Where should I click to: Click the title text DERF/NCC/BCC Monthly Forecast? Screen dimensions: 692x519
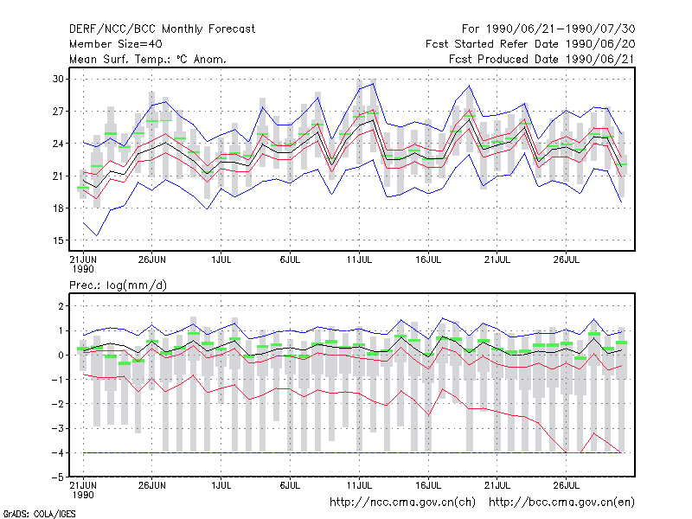162,29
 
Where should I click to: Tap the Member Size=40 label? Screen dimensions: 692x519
116,44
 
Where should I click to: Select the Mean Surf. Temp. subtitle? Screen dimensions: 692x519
148,59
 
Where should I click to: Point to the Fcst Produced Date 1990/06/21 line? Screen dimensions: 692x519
542,59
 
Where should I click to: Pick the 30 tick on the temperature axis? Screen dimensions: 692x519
58,79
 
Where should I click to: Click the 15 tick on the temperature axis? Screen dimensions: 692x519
58,240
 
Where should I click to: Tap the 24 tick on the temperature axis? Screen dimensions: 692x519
58,144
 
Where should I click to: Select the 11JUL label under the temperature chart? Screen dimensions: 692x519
359,259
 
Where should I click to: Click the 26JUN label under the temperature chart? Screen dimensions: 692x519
152,259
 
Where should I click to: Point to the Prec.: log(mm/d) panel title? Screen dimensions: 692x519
118,285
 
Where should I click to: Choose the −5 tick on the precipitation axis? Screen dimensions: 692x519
58,477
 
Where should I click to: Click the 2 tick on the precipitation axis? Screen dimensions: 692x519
61,306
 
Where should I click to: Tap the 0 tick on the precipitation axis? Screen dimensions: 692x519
61,356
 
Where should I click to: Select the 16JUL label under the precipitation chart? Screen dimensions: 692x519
428,485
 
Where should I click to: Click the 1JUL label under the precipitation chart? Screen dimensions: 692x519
221,485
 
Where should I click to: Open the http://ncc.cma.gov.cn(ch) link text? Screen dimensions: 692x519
402,503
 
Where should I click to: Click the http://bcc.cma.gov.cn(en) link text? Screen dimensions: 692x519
561,503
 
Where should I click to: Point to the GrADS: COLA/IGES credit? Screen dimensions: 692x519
40,514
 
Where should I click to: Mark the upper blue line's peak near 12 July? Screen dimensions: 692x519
374,83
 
